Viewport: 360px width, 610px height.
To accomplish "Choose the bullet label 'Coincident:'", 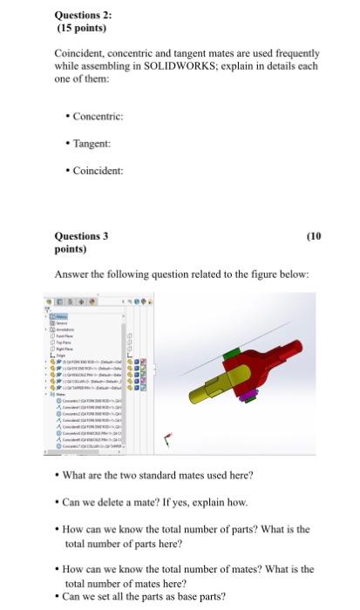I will (x=98, y=170).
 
